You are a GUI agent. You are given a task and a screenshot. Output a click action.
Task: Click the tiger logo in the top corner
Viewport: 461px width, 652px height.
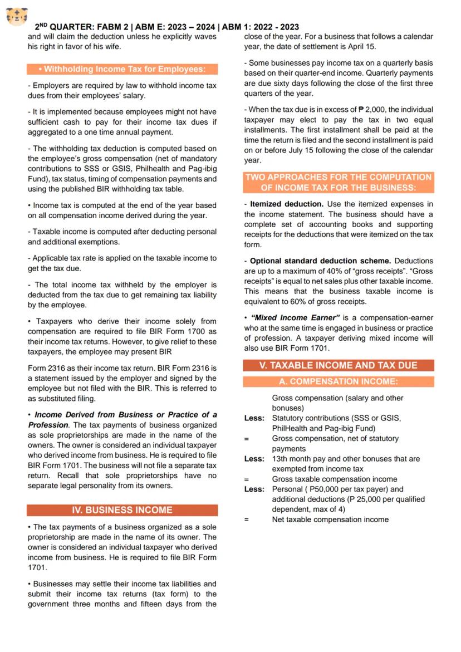click(x=17, y=17)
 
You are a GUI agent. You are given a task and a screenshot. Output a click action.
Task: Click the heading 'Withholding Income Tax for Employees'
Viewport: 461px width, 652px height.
click(x=122, y=70)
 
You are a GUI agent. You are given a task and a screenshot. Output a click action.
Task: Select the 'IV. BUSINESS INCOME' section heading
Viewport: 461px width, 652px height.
click(x=122, y=510)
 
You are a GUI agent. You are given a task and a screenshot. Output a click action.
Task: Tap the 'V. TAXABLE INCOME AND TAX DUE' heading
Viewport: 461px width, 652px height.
click(x=339, y=366)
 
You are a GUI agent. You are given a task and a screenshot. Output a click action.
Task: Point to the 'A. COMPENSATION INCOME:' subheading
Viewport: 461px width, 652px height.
click(x=339, y=382)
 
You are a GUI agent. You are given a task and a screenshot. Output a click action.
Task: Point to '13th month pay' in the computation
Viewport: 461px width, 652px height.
click(x=298, y=459)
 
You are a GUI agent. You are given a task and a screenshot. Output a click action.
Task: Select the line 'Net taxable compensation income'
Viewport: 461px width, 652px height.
click(x=330, y=519)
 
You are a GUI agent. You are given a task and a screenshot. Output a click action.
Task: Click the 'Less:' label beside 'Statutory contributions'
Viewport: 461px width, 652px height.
click(x=254, y=418)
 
